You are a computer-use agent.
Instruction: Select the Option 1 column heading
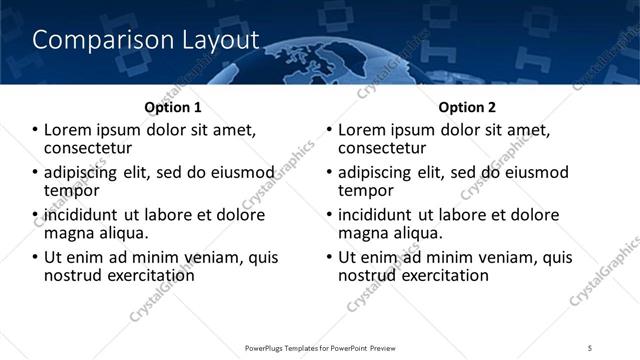(172, 107)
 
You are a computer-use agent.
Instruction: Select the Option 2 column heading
(467, 107)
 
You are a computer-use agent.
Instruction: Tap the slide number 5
(591, 347)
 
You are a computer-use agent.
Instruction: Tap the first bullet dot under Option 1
(35, 131)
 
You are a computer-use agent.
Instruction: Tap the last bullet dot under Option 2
(329, 258)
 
